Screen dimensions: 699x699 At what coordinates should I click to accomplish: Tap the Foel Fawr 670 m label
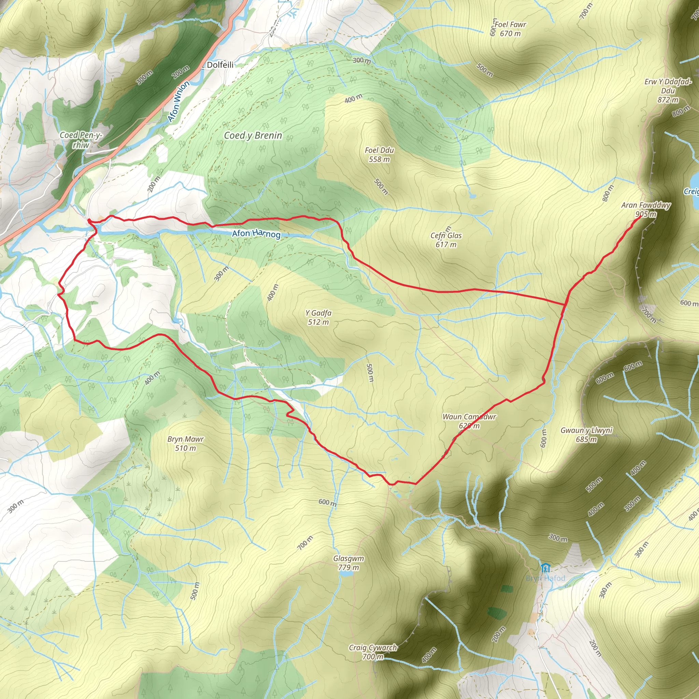pos(510,29)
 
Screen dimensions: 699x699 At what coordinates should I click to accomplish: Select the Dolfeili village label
pos(220,65)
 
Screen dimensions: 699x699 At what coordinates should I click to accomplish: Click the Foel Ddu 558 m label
pos(379,155)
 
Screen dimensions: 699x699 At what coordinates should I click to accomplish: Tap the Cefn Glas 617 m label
pos(446,240)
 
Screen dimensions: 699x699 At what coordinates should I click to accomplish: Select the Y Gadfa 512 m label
pos(318,317)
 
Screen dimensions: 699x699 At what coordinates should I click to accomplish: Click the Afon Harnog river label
pos(256,234)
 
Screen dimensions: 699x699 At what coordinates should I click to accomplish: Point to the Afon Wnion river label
pos(179,101)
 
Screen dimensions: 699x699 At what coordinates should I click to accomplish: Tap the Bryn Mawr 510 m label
pos(186,443)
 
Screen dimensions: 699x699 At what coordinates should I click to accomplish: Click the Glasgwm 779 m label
pos(348,562)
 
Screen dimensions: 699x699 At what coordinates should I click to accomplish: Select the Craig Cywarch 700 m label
pos(373,652)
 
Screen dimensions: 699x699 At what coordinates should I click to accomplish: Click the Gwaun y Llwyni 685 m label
pos(586,434)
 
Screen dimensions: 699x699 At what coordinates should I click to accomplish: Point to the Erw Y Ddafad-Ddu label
pos(668,90)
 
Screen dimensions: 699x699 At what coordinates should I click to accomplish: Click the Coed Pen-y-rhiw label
pos(81,140)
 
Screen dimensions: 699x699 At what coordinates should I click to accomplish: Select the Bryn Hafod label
pos(545,578)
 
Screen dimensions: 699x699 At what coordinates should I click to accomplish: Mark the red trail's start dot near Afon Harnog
pos(89,220)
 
